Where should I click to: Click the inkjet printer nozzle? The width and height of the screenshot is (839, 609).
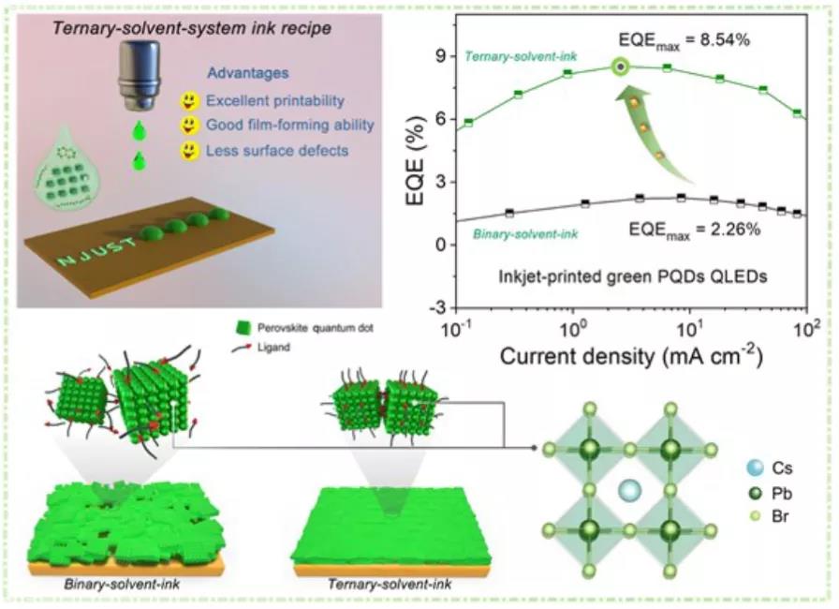pyautogui.click(x=139, y=74)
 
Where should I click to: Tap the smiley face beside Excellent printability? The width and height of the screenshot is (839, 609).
pyautogui.click(x=189, y=100)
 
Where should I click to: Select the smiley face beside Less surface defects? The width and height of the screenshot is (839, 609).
pyautogui.click(x=189, y=151)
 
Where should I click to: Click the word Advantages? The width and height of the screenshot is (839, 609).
pyautogui.click(x=248, y=73)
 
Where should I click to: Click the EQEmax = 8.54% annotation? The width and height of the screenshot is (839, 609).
pyautogui.click(x=684, y=40)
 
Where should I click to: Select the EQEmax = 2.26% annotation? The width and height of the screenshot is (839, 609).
pyautogui.click(x=695, y=230)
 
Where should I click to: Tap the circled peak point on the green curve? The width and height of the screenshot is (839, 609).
pyautogui.click(x=620, y=67)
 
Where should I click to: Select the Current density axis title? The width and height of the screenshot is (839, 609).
pyautogui.click(x=631, y=355)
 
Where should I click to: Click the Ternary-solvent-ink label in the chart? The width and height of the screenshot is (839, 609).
pyautogui.click(x=521, y=56)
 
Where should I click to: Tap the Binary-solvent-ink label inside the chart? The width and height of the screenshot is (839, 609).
pyautogui.click(x=525, y=234)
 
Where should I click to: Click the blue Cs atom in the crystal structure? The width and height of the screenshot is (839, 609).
pyautogui.click(x=629, y=491)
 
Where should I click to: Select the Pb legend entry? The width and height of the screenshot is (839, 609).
pyautogui.click(x=771, y=493)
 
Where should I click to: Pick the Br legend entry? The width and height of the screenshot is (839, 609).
pyautogui.click(x=770, y=516)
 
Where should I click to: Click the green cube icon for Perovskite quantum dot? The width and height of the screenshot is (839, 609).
pyautogui.click(x=243, y=328)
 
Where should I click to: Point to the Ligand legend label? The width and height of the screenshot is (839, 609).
pyautogui.click(x=273, y=348)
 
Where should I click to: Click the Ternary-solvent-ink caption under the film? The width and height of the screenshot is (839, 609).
pyautogui.click(x=390, y=584)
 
